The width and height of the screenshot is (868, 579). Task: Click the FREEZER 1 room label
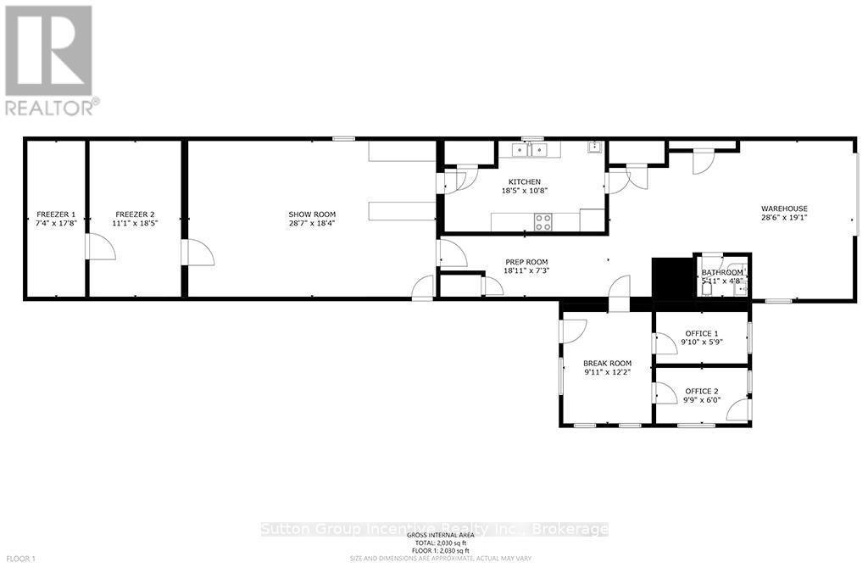(x=56, y=214)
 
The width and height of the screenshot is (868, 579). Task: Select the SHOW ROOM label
(x=312, y=214)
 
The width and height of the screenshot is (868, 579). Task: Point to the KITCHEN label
(x=524, y=181)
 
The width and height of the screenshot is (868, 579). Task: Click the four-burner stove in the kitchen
(x=542, y=222)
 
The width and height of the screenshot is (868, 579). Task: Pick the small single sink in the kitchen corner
(x=595, y=148)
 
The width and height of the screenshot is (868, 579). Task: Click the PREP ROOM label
(x=526, y=261)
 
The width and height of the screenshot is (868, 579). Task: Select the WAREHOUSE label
(x=783, y=209)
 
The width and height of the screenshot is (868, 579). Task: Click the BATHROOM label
(x=721, y=272)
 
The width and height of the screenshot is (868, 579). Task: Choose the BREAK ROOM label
(x=607, y=363)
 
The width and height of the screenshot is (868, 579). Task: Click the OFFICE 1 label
(x=701, y=332)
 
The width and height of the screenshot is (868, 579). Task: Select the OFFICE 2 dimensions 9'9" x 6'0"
(x=701, y=401)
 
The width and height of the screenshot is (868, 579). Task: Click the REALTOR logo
(x=51, y=59)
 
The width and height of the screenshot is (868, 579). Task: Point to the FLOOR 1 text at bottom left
(x=21, y=559)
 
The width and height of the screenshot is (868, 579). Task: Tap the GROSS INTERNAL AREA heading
(x=440, y=535)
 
